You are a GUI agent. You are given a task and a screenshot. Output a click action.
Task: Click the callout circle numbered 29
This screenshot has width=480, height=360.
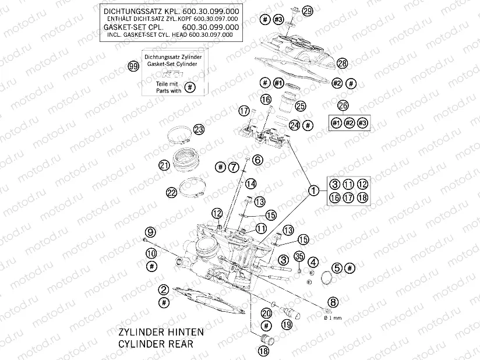coord(308,10)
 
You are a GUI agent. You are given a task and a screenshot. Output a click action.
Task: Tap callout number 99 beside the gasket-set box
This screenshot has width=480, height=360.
coord(133,67)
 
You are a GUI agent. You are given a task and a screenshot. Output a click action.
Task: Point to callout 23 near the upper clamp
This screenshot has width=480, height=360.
coord(199,129)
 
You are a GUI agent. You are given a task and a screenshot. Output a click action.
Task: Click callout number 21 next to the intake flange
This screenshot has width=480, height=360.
coord(164,165)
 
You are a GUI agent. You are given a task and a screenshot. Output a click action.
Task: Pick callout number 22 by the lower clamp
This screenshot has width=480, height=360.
coord(171,192)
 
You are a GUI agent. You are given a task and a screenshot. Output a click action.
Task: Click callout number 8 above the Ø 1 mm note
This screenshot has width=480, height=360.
coord(333,302)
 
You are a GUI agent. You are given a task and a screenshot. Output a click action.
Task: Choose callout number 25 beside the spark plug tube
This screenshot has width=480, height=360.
coord(301,106)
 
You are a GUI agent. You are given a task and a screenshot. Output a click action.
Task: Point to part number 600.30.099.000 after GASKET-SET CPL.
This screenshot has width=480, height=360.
coord(210,27)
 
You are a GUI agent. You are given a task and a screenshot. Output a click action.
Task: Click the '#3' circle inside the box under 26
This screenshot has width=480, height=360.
coord(363,123)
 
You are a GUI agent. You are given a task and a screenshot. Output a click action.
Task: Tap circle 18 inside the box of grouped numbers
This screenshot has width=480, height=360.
coord(362,198)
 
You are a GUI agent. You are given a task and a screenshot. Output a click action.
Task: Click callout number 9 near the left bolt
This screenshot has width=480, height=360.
coord(150,231)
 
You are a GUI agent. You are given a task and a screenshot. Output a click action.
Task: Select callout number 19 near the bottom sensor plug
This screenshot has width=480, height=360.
coord(286,324)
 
